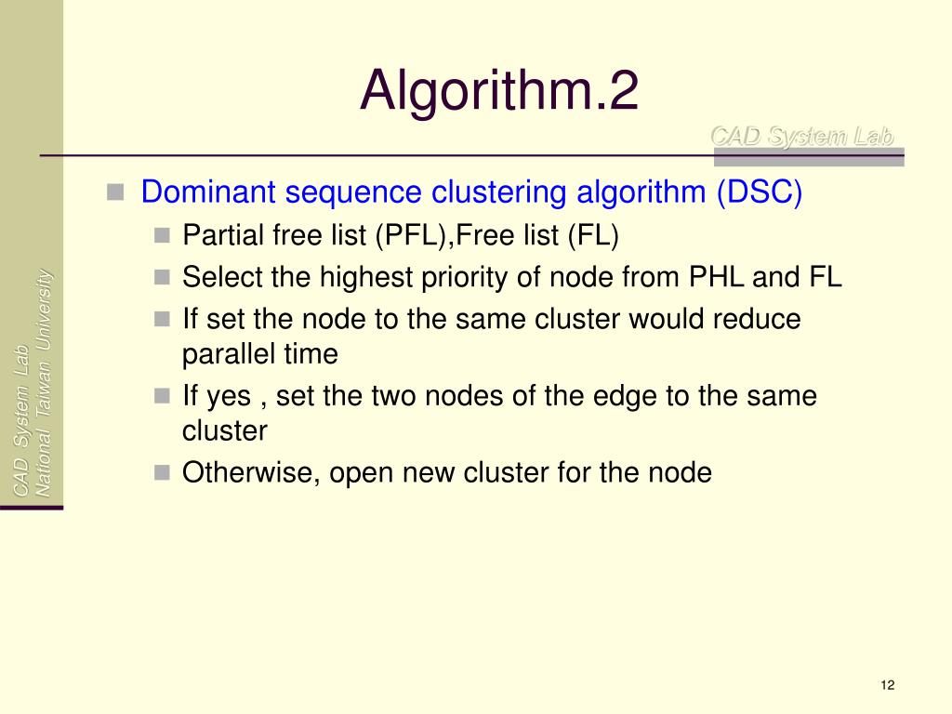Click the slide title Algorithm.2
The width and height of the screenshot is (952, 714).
(499, 91)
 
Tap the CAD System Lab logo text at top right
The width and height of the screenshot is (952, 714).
(801, 137)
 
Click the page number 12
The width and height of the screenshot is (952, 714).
(886, 685)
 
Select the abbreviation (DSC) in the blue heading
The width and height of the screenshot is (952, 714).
(758, 192)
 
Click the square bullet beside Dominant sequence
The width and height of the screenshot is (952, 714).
(115, 192)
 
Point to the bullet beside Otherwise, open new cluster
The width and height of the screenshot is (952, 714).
(162, 472)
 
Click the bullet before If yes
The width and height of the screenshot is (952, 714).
(162, 396)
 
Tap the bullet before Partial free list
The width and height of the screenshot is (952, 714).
(162, 235)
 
